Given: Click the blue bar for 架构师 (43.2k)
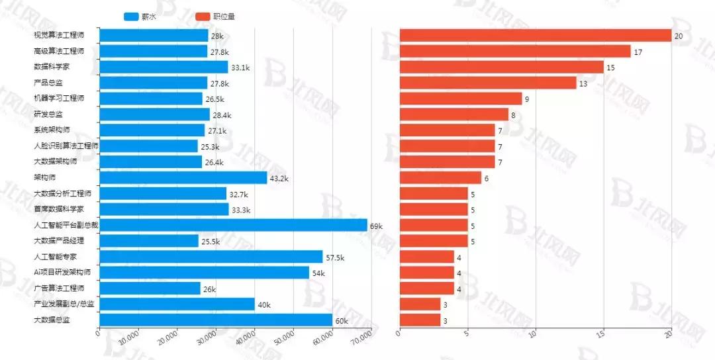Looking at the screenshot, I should point(183,178).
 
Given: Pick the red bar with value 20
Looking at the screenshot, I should point(536,36).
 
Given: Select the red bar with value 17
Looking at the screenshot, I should point(515,52).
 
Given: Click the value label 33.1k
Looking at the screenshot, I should point(240,67).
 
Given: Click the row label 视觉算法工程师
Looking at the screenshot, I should point(58,36).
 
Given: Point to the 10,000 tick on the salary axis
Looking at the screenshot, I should point(130,338).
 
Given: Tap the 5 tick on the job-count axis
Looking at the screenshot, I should point(467,334).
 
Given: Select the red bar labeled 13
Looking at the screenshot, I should point(488,83).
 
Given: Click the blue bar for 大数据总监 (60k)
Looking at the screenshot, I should point(215,320).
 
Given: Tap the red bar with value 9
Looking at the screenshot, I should point(461,99).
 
